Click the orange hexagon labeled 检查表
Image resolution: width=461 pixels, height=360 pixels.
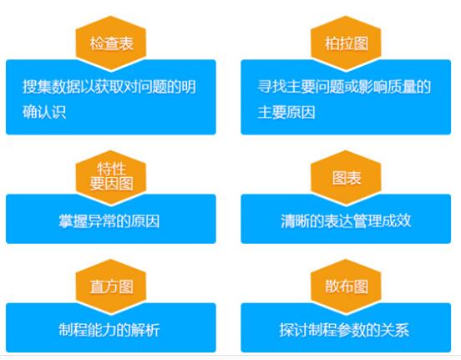coord(111,43)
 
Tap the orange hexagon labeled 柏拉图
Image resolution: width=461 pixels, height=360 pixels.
coord(346,43)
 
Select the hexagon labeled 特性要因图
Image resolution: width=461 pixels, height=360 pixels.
coord(111,178)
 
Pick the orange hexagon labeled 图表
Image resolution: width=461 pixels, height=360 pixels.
coord(346,178)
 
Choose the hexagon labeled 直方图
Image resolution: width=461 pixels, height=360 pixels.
coord(111,286)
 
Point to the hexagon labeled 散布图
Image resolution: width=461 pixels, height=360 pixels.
coord(346,286)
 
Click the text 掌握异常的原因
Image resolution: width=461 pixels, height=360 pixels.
coord(109,221)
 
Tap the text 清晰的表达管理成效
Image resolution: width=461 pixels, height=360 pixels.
coord(346,221)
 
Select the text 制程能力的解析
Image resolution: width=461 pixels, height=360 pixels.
coord(109,330)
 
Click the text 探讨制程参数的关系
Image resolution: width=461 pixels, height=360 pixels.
coord(344,330)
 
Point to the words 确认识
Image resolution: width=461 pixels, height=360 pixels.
coord(44,112)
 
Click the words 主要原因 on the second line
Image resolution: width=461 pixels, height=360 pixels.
coord(286,112)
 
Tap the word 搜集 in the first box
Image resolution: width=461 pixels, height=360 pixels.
coord(37,87)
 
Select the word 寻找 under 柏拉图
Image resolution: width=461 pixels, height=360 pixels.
coord(272,87)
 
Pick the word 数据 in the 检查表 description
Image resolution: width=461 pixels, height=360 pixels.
coord(66,87)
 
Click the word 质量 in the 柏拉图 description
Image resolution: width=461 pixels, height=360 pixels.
coord(402,87)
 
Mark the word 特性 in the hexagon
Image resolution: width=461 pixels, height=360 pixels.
coord(111,169)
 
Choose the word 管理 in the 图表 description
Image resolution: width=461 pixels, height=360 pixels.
coord(367,221)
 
